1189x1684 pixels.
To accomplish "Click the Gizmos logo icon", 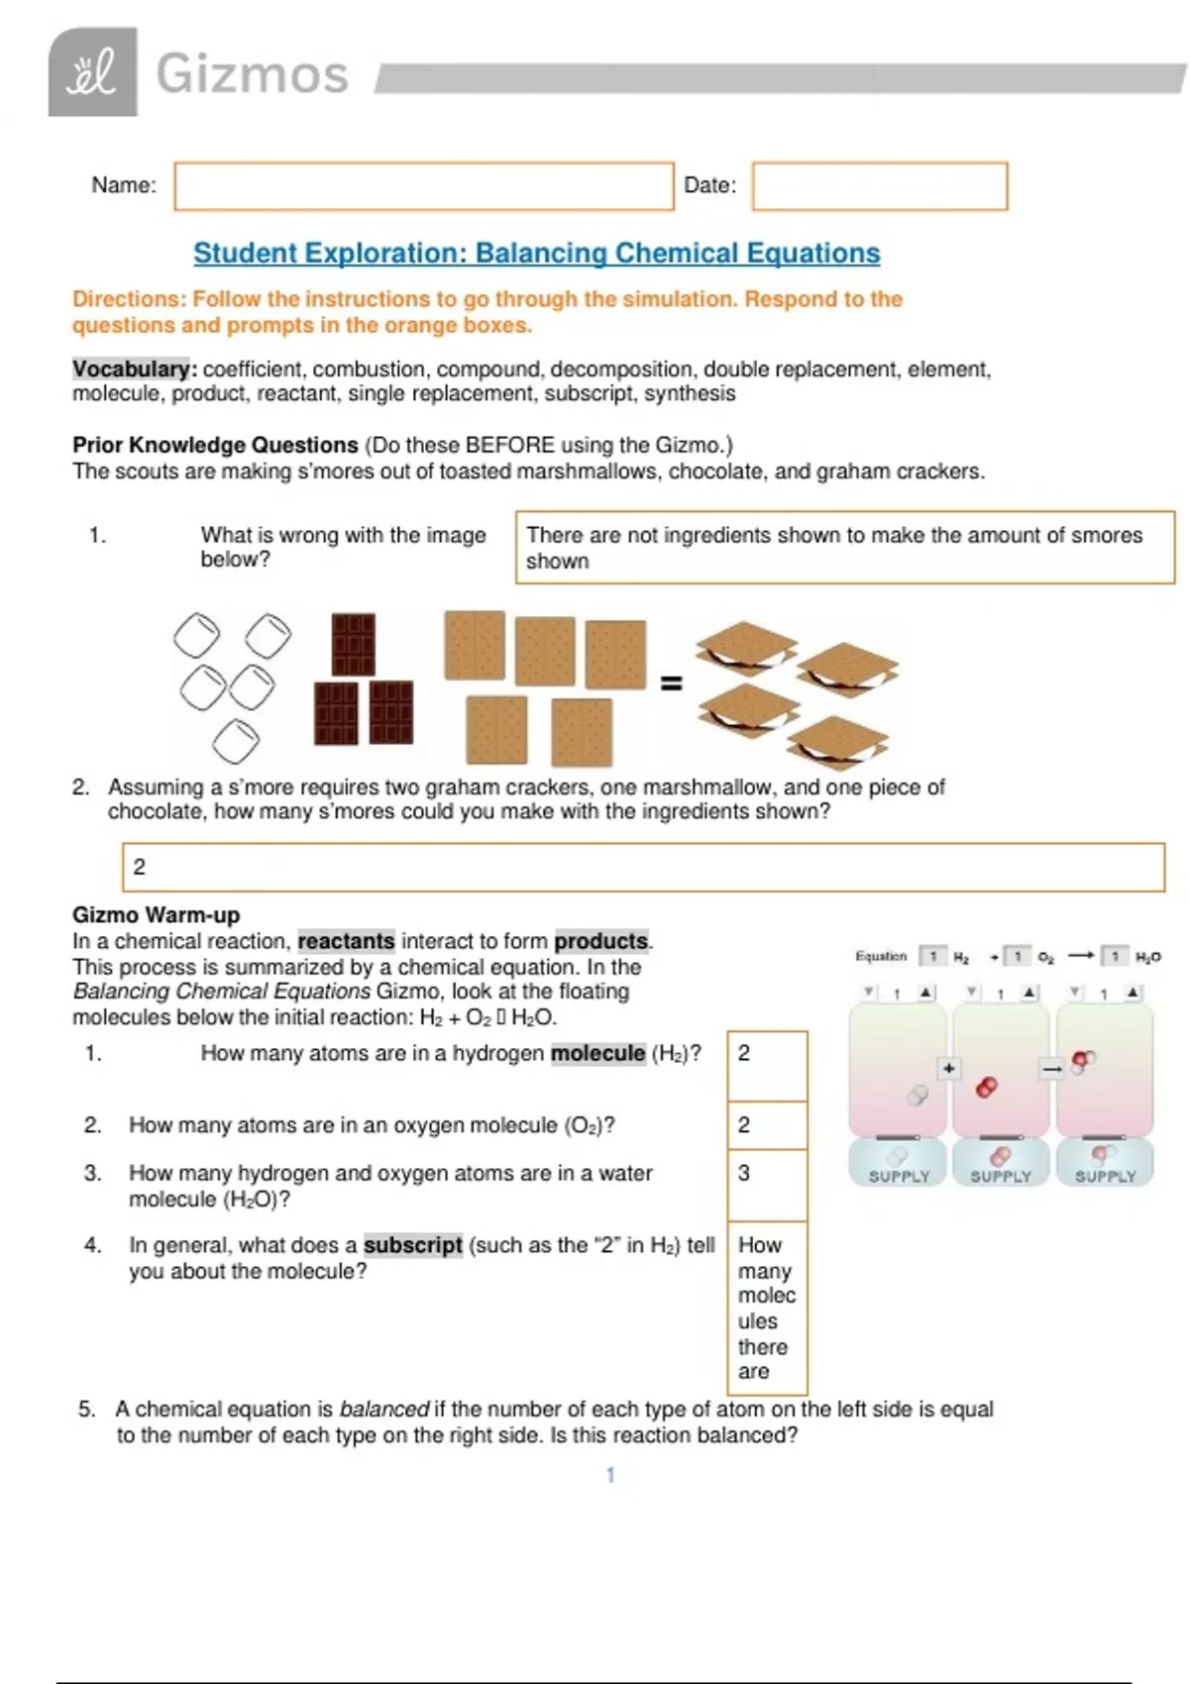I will (92, 72).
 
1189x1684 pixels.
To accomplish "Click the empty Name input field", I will (423, 186).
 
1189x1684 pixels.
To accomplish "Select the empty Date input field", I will (879, 186).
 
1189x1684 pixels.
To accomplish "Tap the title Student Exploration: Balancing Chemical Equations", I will (536, 254).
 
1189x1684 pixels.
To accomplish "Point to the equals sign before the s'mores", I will (671, 684).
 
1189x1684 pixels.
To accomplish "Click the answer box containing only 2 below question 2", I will (642, 867).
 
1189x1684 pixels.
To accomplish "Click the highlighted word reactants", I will (346, 941).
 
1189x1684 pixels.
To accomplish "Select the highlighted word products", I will (600, 941).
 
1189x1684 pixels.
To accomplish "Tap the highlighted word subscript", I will (412, 1245).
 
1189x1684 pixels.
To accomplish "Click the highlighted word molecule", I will (597, 1053).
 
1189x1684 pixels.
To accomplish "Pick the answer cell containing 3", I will (767, 1184).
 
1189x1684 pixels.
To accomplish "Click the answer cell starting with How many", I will (767, 1308).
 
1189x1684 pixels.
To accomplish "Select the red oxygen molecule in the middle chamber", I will (986, 1088).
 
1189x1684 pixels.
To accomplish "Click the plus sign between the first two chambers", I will (949, 1068).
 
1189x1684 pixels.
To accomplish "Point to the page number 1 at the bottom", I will (610, 1475).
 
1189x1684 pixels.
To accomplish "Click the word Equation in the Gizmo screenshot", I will (881, 957).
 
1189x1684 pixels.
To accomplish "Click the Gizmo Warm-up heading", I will (156, 915).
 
